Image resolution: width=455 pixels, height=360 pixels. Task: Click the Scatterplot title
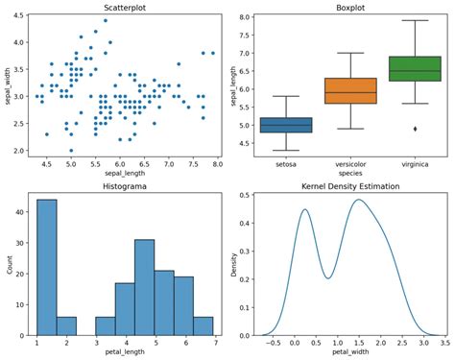(x=127, y=8)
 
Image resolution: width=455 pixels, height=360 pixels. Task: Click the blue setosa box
(x=285, y=125)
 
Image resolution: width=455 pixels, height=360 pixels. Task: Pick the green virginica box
(x=414, y=68)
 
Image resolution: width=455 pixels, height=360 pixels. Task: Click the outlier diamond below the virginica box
(x=414, y=129)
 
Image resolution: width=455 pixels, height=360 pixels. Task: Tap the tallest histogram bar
(x=47, y=268)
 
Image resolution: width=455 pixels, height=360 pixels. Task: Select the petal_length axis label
(x=127, y=352)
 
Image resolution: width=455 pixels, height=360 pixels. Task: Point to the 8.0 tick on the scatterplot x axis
(x=218, y=166)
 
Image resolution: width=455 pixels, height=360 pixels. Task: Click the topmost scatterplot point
(x=105, y=20)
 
